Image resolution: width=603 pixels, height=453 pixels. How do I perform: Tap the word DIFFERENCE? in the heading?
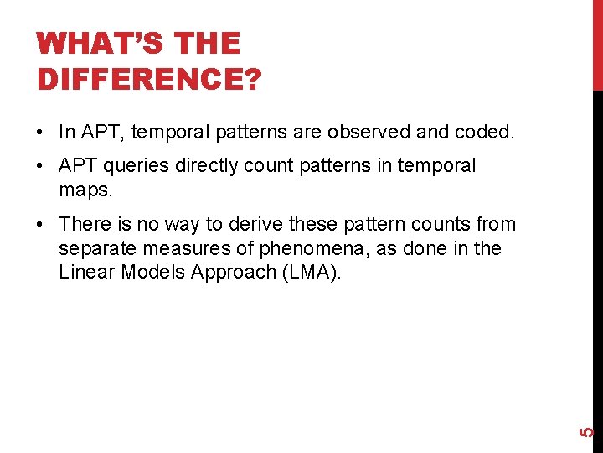point(149,79)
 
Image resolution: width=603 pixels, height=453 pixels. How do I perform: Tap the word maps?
point(85,190)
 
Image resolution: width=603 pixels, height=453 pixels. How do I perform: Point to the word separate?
point(93,248)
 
